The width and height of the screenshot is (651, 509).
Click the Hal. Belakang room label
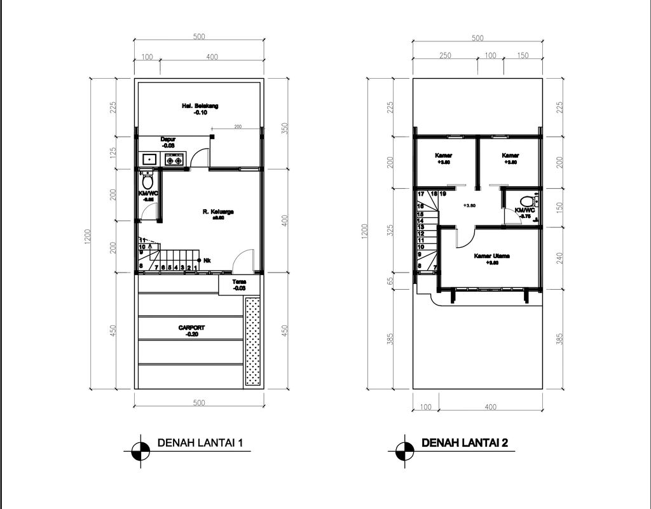click(x=200, y=106)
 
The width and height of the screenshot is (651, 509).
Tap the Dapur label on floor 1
click(x=168, y=139)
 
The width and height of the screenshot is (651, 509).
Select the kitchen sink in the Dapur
click(x=150, y=159)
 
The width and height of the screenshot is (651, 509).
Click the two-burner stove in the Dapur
click(x=175, y=159)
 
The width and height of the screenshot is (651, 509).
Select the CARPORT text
click(x=191, y=328)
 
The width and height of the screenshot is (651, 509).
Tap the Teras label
click(x=239, y=281)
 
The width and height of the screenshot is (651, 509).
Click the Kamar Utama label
click(x=491, y=256)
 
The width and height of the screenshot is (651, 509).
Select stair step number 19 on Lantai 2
click(x=443, y=193)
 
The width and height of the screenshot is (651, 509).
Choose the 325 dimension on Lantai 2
click(x=390, y=230)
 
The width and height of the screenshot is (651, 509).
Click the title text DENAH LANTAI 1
click(x=200, y=443)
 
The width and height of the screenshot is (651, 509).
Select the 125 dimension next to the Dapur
click(x=113, y=153)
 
